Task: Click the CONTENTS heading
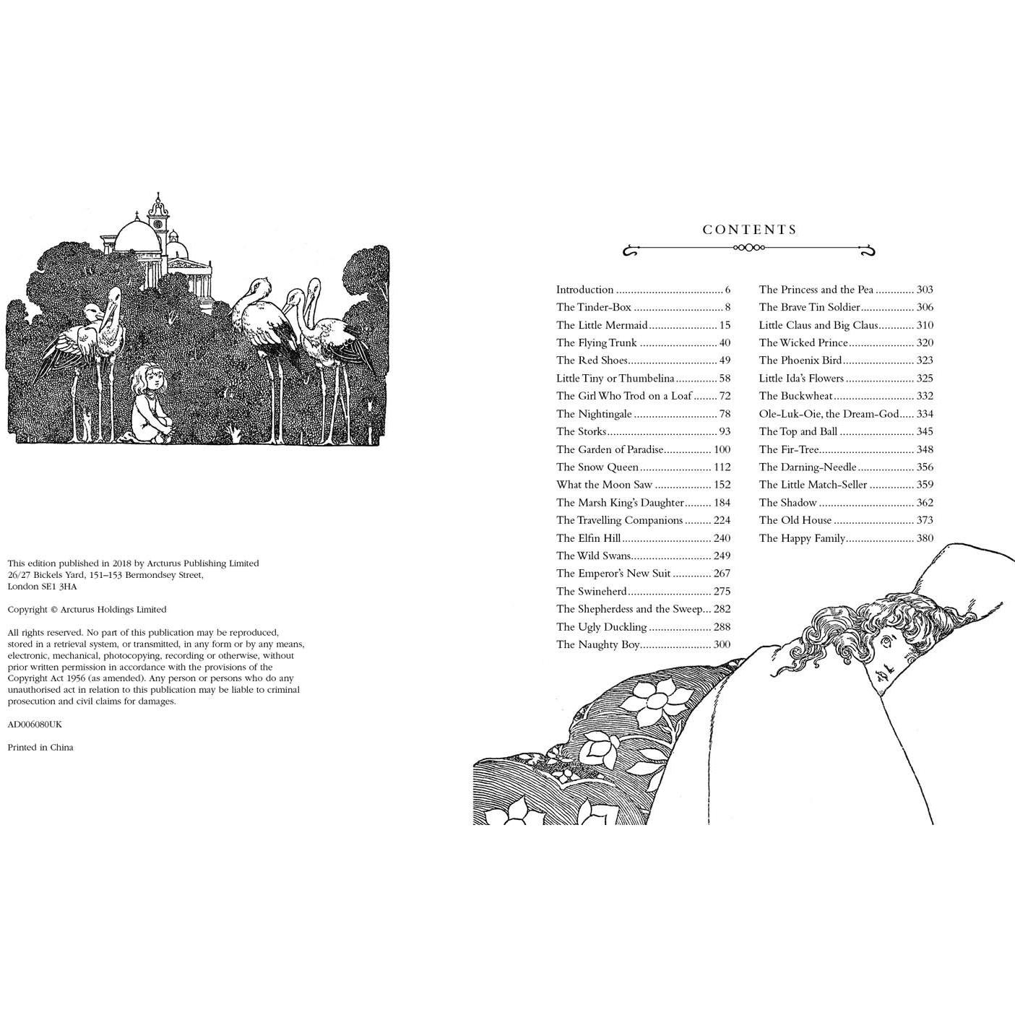tap(750, 230)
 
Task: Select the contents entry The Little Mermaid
tap(602, 325)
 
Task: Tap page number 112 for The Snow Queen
tap(722, 467)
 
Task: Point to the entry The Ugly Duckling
tap(602, 627)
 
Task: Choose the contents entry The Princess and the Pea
tap(816, 289)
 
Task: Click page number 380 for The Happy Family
tap(925, 537)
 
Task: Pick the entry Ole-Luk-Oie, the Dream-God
tap(829, 414)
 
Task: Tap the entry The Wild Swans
tap(594, 556)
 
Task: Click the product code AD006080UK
tap(35, 725)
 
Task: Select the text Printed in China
tap(40, 748)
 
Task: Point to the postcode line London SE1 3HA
tap(42, 587)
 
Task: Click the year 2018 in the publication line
tap(121, 563)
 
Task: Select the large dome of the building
tap(137, 236)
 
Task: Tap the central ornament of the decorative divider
tap(749, 247)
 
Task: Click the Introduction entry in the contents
tap(584, 290)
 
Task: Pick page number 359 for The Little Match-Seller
tap(925, 485)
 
